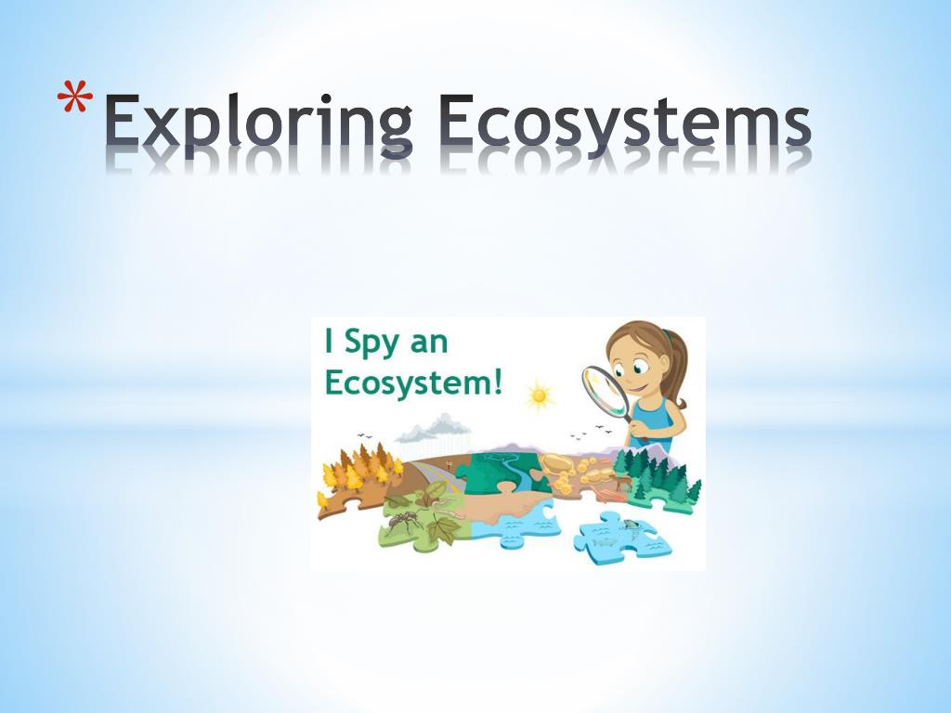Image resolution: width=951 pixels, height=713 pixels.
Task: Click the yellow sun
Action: point(538,397)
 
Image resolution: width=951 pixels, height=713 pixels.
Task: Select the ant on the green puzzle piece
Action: point(401,522)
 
